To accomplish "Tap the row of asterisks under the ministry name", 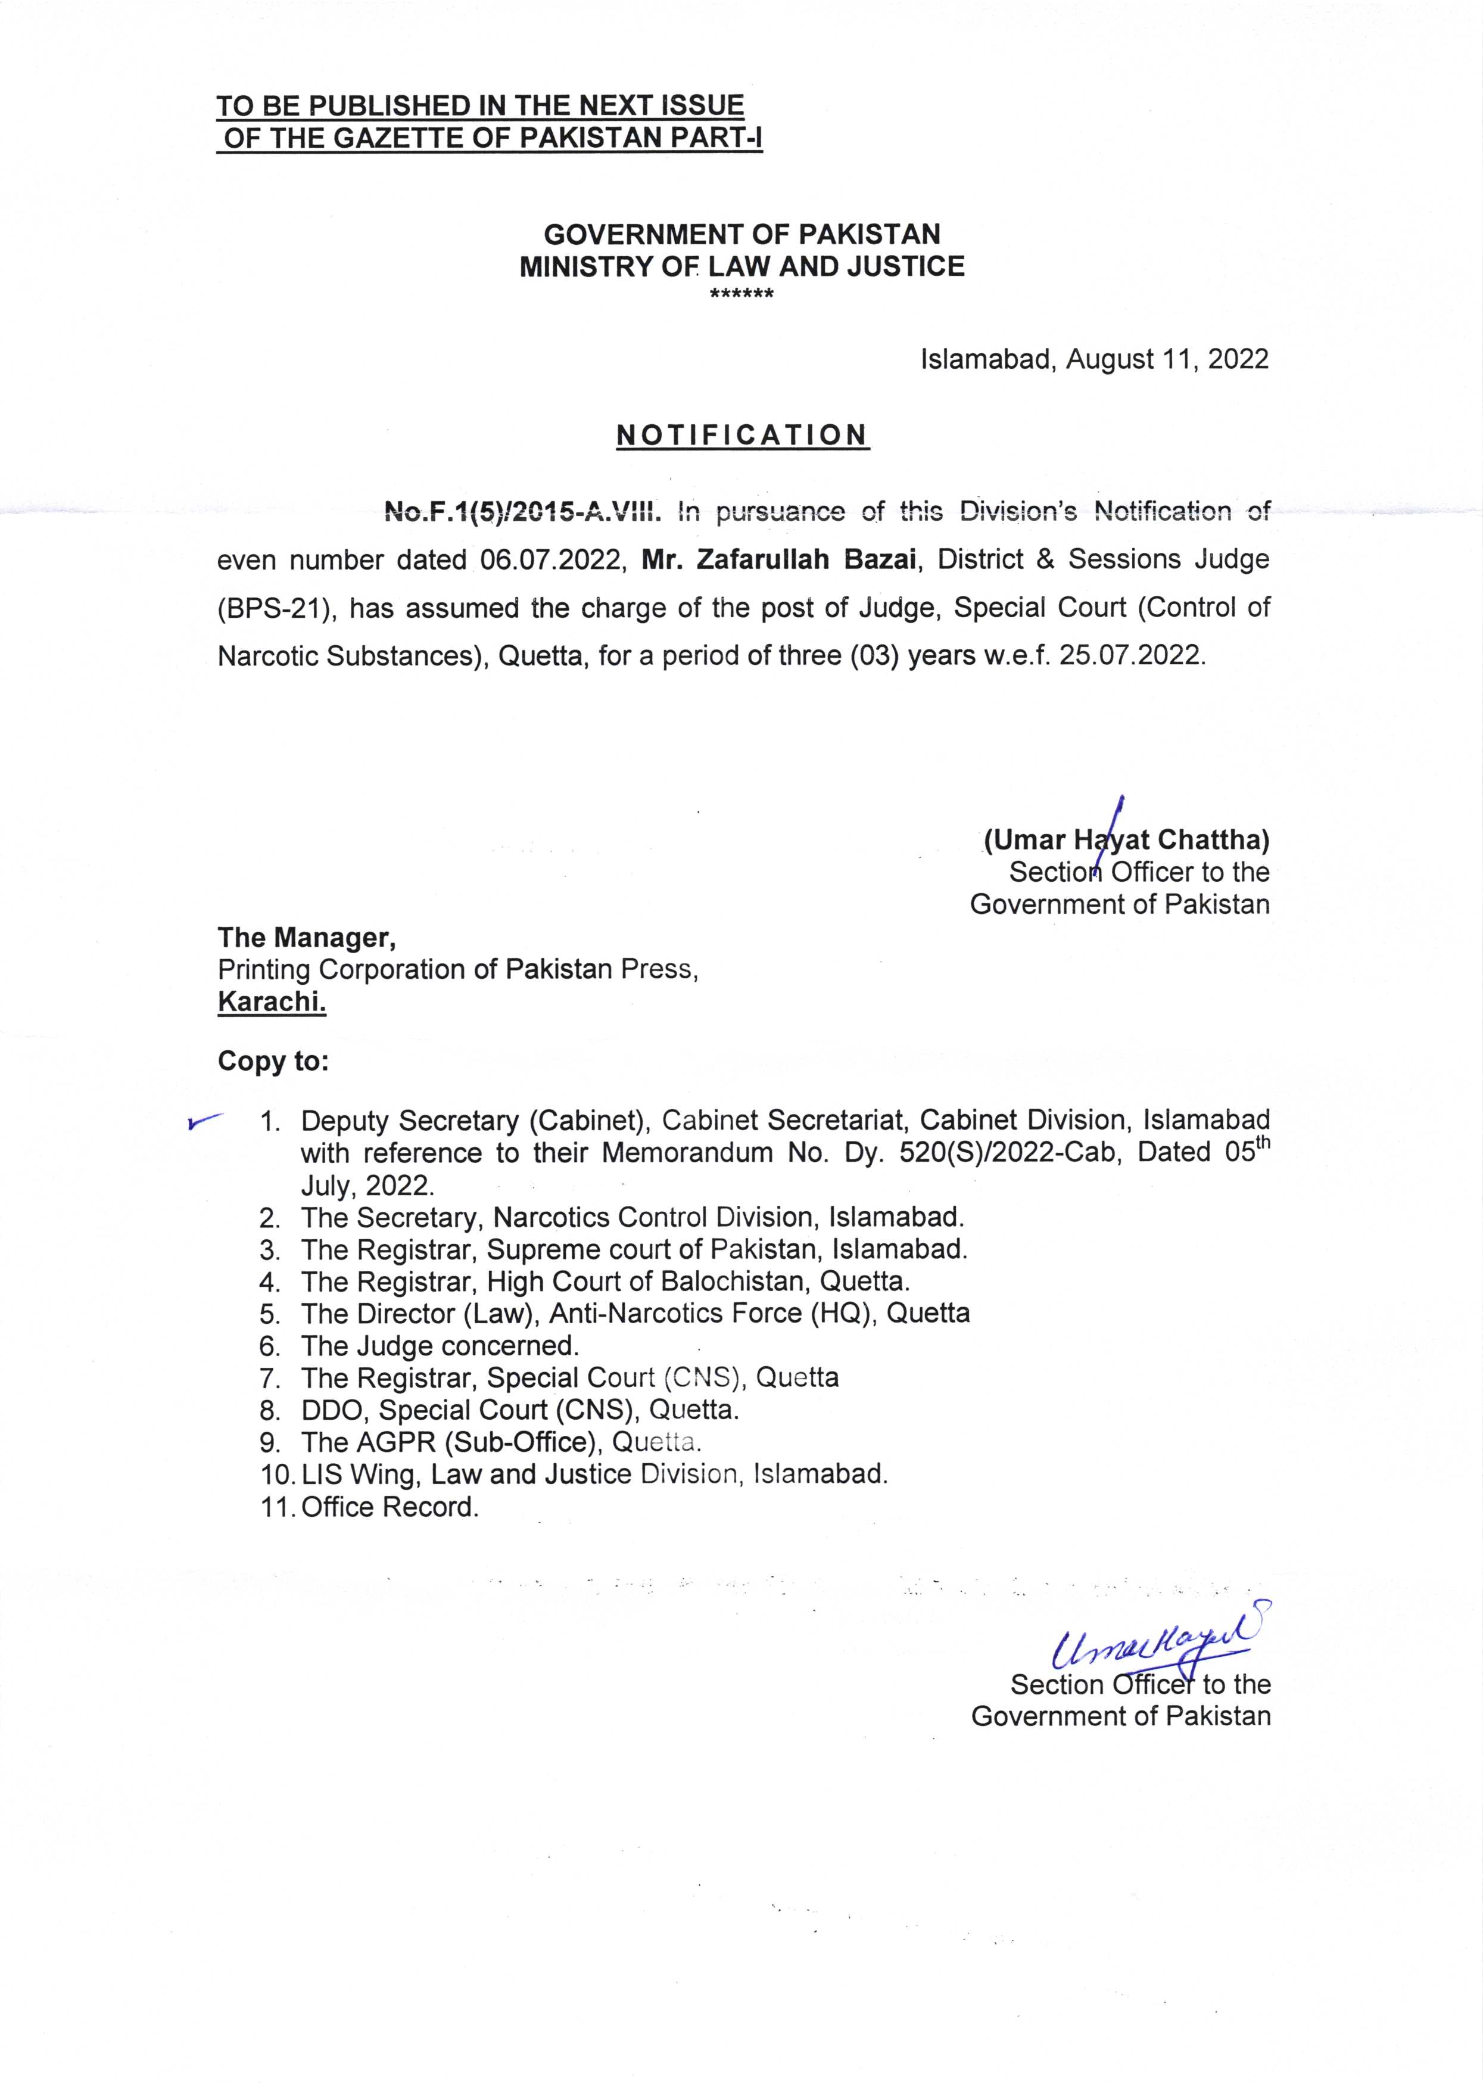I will [x=741, y=294].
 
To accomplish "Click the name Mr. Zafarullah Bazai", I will [x=778, y=559].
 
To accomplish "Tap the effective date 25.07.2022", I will [x=1132, y=656].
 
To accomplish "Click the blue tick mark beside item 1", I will [x=204, y=1121].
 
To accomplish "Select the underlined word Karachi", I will [x=271, y=1002].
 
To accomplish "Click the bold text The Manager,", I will [x=306, y=937].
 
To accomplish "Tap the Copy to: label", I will [x=273, y=1061].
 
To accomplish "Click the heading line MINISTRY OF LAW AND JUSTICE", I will [x=741, y=267].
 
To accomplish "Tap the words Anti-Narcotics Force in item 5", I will [x=677, y=1313].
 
